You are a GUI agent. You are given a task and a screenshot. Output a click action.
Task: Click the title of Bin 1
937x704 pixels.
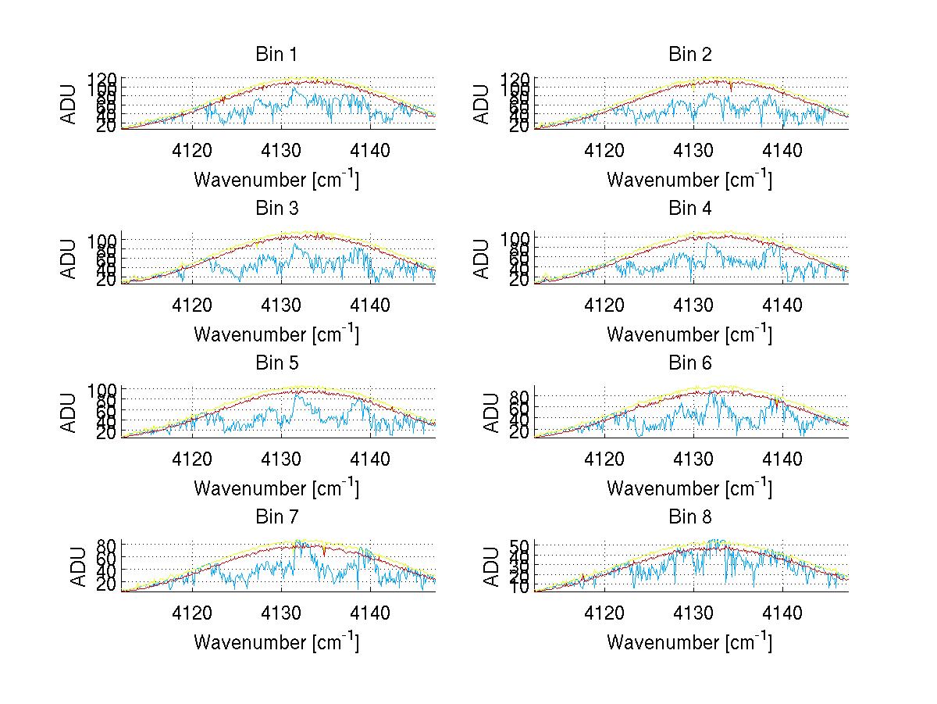tap(276, 54)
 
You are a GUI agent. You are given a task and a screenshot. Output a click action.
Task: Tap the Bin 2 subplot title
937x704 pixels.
tap(689, 54)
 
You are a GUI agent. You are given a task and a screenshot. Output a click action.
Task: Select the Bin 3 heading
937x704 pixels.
tap(276, 208)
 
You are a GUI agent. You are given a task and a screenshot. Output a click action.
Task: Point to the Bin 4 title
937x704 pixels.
tap(689, 208)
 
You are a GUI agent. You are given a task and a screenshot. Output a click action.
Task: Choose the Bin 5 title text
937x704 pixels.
tap(276, 363)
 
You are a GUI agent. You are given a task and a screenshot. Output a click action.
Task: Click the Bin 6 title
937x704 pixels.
tap(689, 363)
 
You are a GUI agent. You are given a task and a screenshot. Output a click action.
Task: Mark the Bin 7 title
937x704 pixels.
tap(276, 516)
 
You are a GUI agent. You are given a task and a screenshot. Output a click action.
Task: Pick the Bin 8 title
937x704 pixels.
tap(689, 516)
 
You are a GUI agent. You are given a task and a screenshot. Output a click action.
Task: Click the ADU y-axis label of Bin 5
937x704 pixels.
tap(69, 412)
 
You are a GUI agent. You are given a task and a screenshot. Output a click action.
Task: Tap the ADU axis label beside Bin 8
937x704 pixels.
tap(483, 566)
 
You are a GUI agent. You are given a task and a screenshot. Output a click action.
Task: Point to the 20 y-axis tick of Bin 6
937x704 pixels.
tap(522, 431)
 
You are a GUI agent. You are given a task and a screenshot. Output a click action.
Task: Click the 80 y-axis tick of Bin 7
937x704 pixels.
tap(109, 545)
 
